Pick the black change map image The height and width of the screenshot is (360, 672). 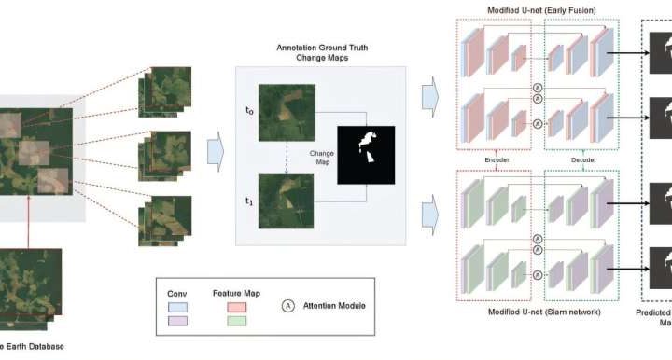[x=366, y=155]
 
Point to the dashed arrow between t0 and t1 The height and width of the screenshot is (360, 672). [x=287, y=158]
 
